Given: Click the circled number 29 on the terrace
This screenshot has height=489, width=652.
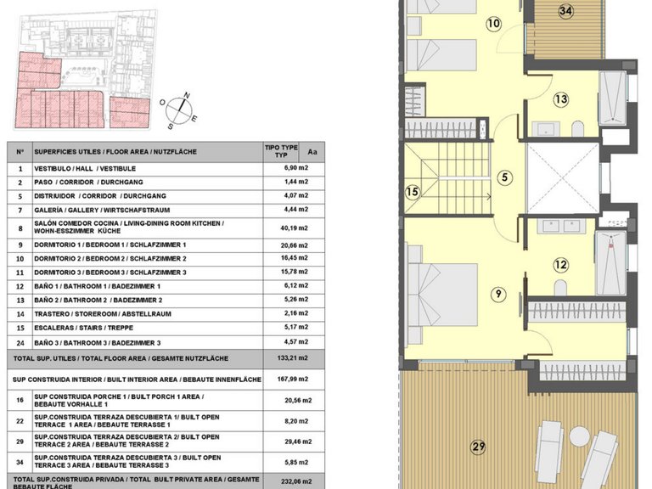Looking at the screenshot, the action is (478, 447).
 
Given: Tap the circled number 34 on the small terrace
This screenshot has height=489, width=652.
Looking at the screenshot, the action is (565, 11).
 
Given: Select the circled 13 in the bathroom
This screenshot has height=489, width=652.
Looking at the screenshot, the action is (561, 99).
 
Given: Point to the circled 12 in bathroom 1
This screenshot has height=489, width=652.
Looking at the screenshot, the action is (560, 265).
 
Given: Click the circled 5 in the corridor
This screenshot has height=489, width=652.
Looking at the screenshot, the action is (505, 177).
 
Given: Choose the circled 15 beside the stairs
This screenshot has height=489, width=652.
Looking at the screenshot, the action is (412, 192).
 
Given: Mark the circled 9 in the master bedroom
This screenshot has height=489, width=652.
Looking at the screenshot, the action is (498, 295).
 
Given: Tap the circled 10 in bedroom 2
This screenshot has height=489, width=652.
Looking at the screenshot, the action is (493, 23).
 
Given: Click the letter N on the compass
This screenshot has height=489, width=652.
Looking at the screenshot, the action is (187, 95).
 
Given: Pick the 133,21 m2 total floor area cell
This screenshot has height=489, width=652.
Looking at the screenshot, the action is (293, 358).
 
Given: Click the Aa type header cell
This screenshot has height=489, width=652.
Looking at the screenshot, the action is (312, 152).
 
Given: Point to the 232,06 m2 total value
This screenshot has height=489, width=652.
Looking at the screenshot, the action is (296, 481).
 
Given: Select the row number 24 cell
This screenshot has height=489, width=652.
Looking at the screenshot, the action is (20, 343).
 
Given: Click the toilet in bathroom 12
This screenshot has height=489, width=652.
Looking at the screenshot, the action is (560, 288).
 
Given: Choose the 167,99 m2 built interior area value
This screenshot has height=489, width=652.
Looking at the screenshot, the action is (293, 379).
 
